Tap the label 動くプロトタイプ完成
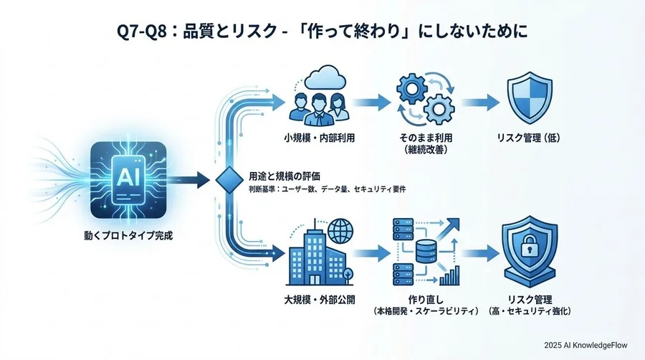click(129, 235)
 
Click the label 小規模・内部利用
click(320, 138)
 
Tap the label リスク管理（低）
click(530, 138)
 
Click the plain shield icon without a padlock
click(529, 99)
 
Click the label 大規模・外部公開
click(320, 297)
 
